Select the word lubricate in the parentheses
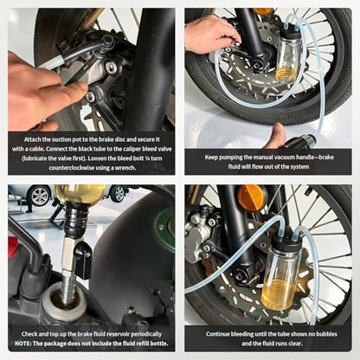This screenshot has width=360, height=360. [x=38, y=158]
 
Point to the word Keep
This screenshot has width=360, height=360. [x=211, y=157]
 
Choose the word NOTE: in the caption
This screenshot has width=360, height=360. [x=23, y=344]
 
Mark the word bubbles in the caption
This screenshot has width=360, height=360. [x=326, y=334]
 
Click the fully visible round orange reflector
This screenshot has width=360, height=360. [x=252, y=198]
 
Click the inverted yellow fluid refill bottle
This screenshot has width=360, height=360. [x=80, y=194]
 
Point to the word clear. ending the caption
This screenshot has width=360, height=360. [x=295, y=344]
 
